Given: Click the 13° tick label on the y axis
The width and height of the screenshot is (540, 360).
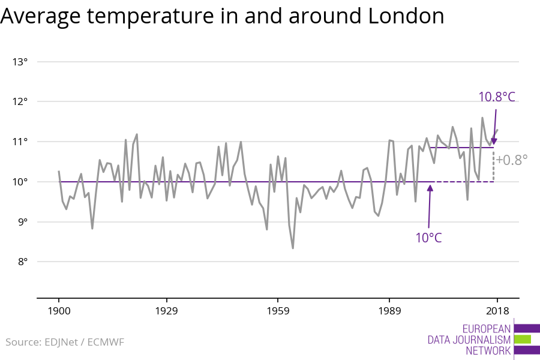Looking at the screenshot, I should point(20,62).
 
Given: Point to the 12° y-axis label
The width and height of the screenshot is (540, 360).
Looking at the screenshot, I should point(20,101).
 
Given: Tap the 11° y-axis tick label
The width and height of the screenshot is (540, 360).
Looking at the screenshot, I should point(20,142).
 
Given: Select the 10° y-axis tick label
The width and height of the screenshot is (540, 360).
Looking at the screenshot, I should point(20,182).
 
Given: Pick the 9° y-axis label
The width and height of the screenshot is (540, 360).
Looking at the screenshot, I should point(22,222).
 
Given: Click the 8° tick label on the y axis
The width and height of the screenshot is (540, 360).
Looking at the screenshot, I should point(22,262).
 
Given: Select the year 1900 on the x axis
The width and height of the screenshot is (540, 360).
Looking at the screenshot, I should point(59,311).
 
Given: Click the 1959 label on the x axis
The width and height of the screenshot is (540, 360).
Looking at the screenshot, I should point(278,311).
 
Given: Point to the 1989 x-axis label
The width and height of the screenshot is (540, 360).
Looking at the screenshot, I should point(389,311).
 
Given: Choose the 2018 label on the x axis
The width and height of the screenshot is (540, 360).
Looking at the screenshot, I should point(497,311).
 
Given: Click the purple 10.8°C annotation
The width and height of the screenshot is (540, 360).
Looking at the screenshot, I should point(496,97).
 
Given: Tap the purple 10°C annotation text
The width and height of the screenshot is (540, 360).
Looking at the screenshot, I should point(428,238).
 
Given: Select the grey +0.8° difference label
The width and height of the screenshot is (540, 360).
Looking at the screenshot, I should point(512,160).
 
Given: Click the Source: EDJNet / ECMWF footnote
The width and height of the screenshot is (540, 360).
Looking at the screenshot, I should point(65,342).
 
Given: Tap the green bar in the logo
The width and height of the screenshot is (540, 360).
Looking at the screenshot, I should point(523,340).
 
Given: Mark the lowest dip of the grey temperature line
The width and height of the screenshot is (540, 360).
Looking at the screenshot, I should point(293,248).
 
